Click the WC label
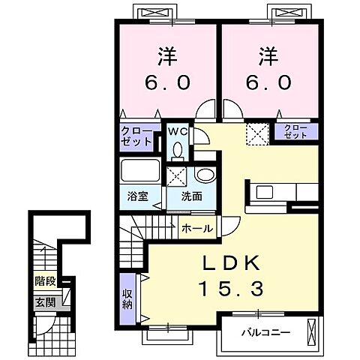pos(178,132)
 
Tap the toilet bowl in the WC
pos(178,150)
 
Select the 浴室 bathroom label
pos(138,196)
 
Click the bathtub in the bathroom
pos(140,171)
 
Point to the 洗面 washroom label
pos(192,196)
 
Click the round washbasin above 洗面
pos(206,175)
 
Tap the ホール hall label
pos(197,229)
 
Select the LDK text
pos(232,265)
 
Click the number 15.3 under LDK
pos(231,289)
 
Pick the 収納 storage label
pos(127,299)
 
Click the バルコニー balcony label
pos(266,332)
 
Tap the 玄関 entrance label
pos(45,303)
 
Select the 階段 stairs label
pos(45,281)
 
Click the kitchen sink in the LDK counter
pos(265,192)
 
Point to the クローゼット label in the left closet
pos(136,136)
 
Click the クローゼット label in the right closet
pos(296,132)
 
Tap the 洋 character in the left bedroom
pos(168,57)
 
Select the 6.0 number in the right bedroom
pos(269,82)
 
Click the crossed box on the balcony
pos(311,332)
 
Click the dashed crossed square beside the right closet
pos(257,134)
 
